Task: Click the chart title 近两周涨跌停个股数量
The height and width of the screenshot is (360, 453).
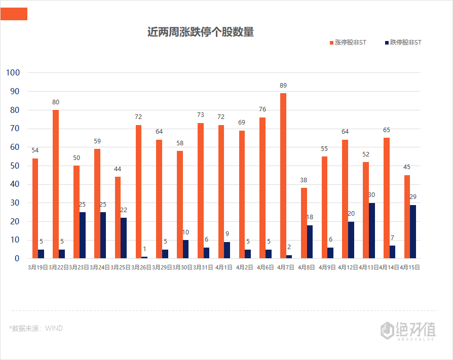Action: [x=200, y=32]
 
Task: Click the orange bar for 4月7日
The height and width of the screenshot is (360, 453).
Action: [x=283, y=175]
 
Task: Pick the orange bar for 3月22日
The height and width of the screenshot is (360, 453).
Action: [x=56, y=184]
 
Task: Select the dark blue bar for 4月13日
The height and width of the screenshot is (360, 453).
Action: [x=371, y=230]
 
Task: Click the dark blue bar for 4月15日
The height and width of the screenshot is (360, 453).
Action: [x=413, y=231]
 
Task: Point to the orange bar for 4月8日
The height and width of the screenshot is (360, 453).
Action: [x=304, y=223]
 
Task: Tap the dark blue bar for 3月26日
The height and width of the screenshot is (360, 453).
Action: [x=144, y=257]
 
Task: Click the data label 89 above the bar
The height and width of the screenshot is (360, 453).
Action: [x=283, y=86]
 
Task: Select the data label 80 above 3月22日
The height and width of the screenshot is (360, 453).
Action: [x=56, y=102]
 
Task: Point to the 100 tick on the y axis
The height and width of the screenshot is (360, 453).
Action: [x=13, y=72]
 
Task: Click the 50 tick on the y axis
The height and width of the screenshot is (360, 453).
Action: [x=15, y=166]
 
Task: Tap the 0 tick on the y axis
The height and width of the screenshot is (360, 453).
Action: [x=17, y=258]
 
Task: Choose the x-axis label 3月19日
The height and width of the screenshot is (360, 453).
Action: [x=37, y=267]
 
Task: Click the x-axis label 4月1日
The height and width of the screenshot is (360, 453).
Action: [x=223, y=267]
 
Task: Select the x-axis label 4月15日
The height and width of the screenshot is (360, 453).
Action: [x=409, y=267]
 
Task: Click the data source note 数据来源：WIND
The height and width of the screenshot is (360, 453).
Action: [x=36, y=328]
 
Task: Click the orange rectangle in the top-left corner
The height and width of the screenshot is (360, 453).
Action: [x=14, y=14]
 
